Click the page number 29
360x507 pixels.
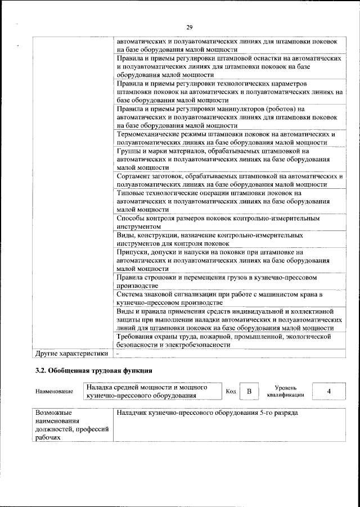point(189,26)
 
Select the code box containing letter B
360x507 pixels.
point(248,391)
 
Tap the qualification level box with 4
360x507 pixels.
point(328,391)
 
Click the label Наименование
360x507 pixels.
point(54,392)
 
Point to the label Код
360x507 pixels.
point(231,391)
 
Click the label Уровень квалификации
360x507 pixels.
point(286,391)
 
